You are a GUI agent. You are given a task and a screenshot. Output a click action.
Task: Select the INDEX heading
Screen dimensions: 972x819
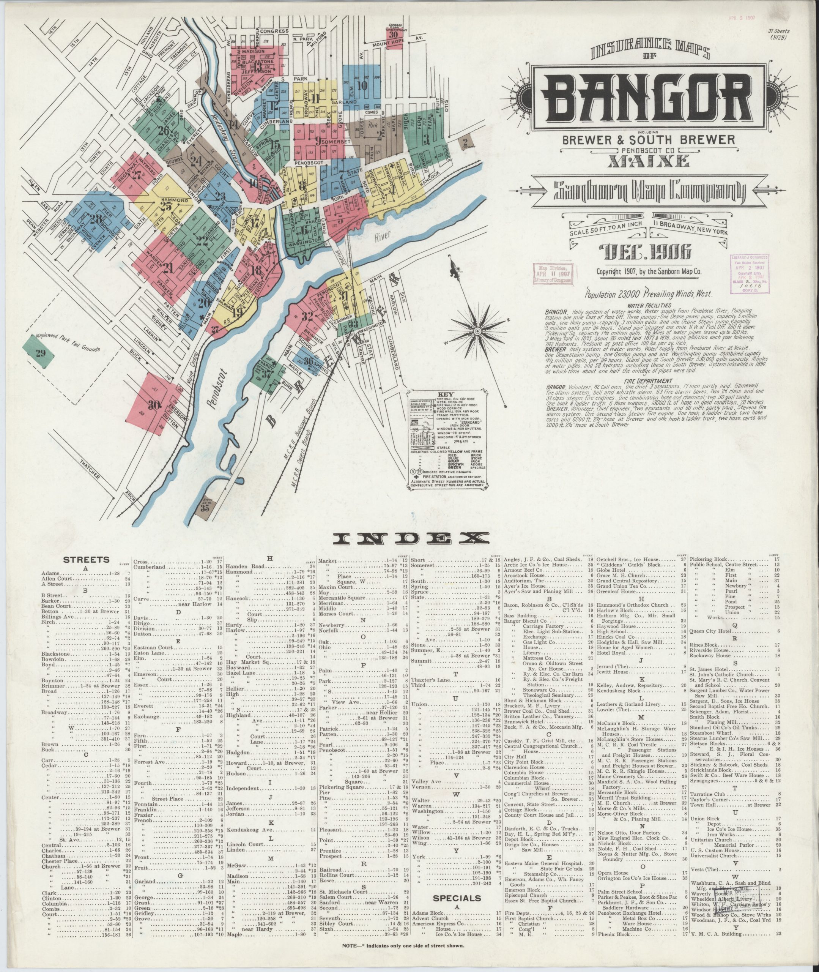pyautogui.click(x=412, y=538)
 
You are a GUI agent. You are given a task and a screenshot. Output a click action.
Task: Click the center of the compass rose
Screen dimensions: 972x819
pyautogui.click(x=477, y=331)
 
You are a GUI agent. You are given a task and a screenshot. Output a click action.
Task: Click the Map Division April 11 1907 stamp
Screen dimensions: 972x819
pyautogui.click(x=553, y=273)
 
